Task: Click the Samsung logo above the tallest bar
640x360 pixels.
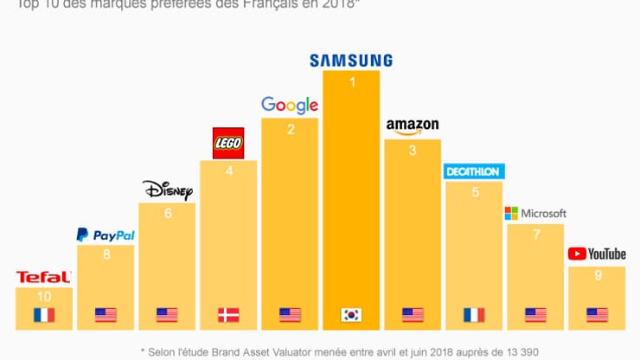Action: pos(350,61)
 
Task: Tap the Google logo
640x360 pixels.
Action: pos(290,106)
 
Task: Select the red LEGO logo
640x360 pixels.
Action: pos(228,143)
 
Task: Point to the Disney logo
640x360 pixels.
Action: pos(166,189)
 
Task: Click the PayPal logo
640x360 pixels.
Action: pos(106,235)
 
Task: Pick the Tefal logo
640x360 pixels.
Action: pos(43,277)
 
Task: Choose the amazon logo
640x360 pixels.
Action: pos(413,126)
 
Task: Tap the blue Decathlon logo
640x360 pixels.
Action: pos(473,171)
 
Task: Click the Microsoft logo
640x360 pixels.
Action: pos(535,213)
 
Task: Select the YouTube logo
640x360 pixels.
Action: pos(597,254)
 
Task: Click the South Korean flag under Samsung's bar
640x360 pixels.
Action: pos(351,315)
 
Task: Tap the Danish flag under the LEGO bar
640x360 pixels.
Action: pos(228,315)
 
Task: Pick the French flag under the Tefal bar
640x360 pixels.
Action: pos(43,315)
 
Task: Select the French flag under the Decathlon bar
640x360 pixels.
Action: pos(473,315)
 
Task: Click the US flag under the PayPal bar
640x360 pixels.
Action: pos(106,315)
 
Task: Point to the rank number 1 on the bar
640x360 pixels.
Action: pos(351,82)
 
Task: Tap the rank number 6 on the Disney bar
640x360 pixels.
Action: pos(167,214)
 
